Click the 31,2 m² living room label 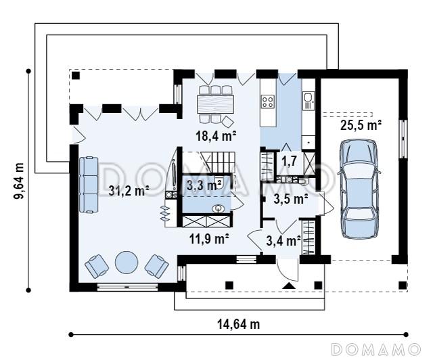tap(129, 191)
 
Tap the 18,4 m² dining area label tap(216, 136)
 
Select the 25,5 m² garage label tap(361, 125)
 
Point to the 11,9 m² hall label tap(209, 239)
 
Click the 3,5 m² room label tap(291, 199)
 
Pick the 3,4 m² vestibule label tap(283, 241)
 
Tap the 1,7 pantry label tap(289, 160)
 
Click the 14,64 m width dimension tap(239, 324)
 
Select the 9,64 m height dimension tap(19, 181)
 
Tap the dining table tap(216, 104)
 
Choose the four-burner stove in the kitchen tap(268, 101)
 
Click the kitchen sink tap(309, 97)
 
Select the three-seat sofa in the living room tap(89, 185)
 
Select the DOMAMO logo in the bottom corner tap(376, 349)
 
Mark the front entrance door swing tap(287, 271)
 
